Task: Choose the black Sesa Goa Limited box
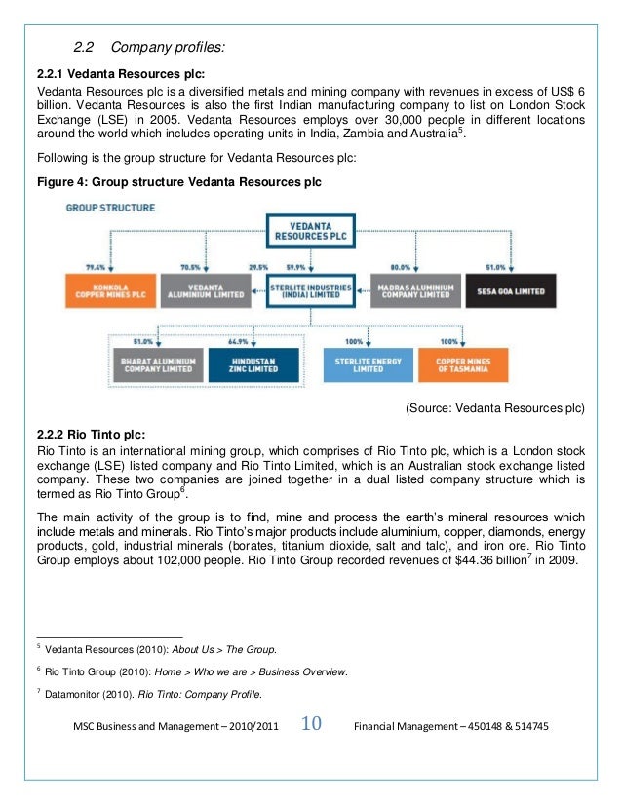510,291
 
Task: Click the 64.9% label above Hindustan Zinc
237,342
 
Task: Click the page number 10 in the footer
312,725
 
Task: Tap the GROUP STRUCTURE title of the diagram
109,208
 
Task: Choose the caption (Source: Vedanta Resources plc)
494,410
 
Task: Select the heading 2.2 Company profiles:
149,47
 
